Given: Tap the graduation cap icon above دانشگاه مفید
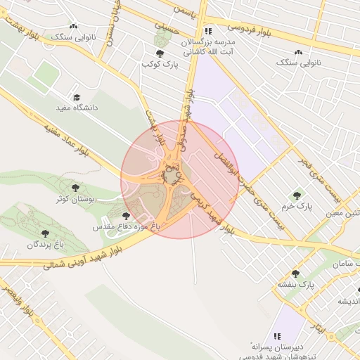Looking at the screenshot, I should point(77,97).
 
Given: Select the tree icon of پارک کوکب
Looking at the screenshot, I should point(160,53).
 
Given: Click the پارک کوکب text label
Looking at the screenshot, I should point(160,65).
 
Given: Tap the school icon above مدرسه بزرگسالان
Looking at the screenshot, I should point(207,31).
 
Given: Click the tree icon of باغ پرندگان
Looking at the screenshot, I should point(46,233).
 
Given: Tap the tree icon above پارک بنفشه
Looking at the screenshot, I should point(295,274).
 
